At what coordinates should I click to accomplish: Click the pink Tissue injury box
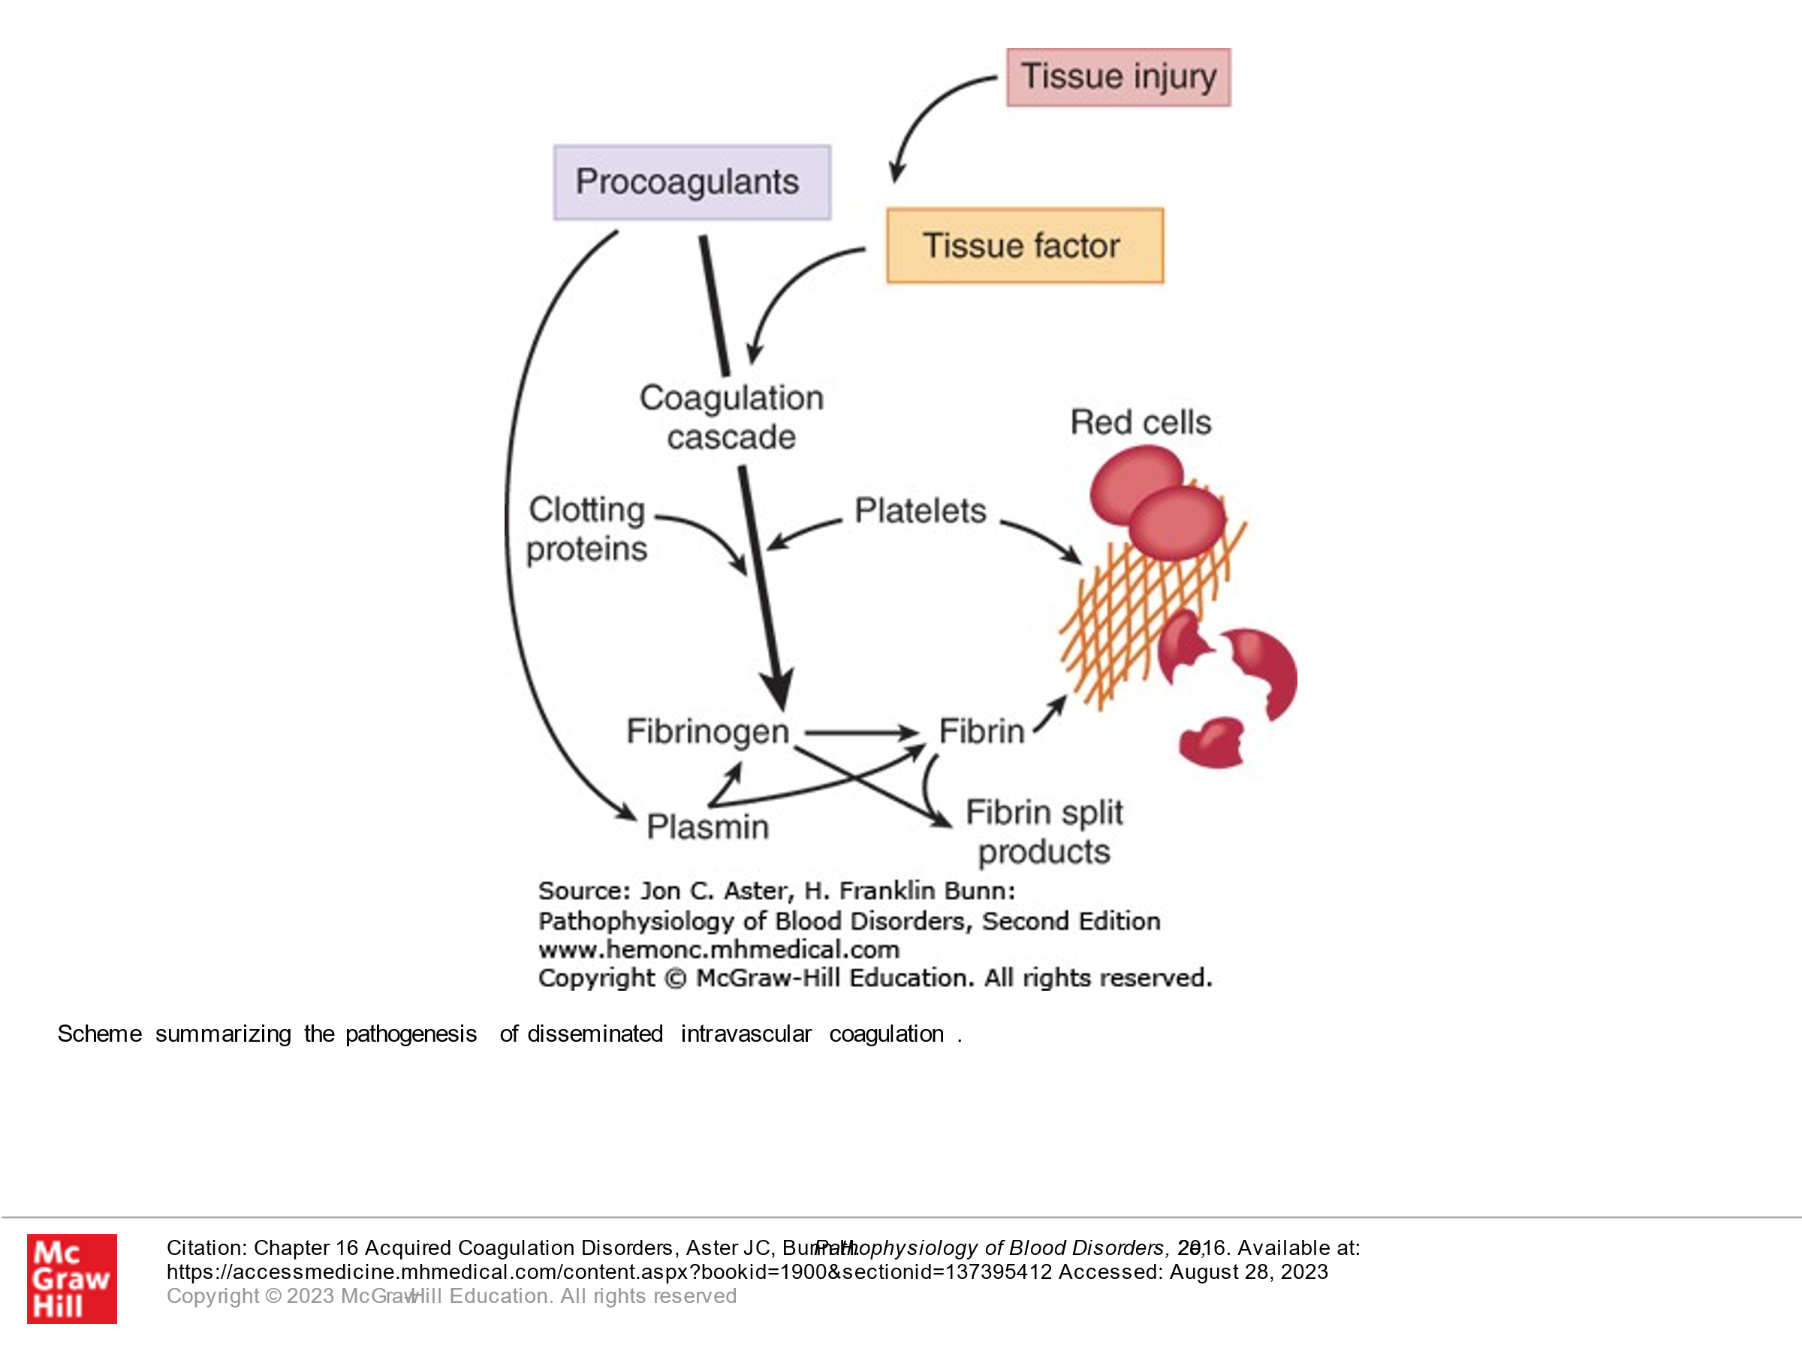tap(1118, 77)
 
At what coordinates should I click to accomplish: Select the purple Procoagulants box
tap(692, 182)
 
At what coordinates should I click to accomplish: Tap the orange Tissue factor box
tap(1024, 246)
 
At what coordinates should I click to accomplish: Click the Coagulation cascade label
tap(731, 418)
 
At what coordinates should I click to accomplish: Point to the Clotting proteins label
tap(586, 529)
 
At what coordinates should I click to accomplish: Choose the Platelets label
tap(920, 511)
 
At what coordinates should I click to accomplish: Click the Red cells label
tap(1140, 423)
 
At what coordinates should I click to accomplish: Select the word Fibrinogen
tap(707, 731)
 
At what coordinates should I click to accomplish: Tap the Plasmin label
tap(707, 827)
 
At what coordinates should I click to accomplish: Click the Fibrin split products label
tap(1044, 832)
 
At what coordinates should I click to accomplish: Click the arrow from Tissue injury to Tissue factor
tap(929, 114)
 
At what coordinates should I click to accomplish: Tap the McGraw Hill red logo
tap(71, 1278)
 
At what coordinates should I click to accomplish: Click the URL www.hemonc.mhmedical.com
tap(719, 949)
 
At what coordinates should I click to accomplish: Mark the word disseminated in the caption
tap(595, 1034)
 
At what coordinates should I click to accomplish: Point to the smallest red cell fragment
tap(1211, 743)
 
